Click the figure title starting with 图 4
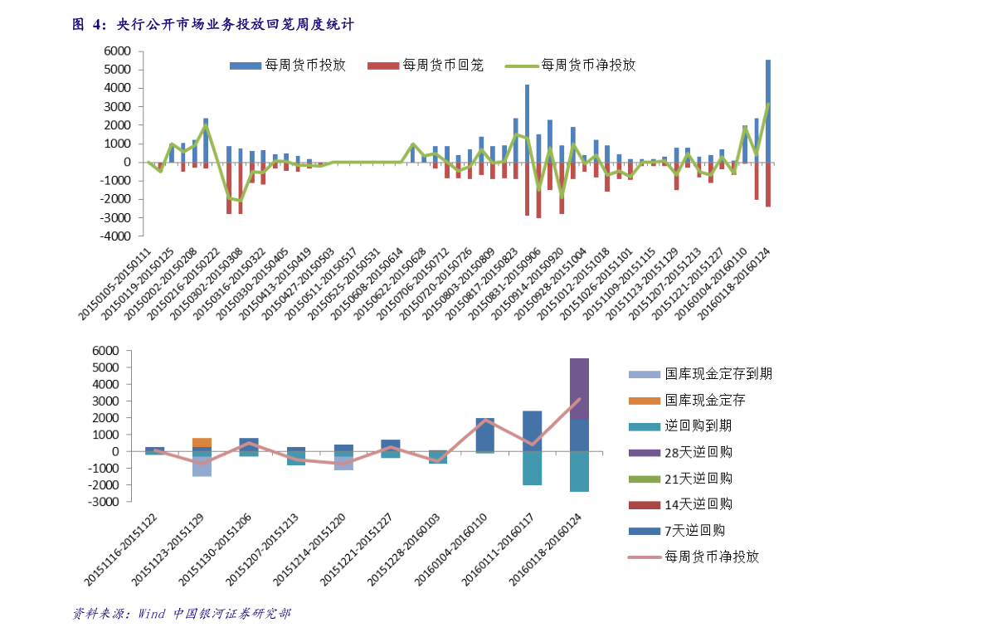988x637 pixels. click(x=212, y=25)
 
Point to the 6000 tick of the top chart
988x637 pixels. click(x=116, y=51)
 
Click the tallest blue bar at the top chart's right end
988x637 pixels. click(x=767, y=108)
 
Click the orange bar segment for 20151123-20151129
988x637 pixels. click(x=202, y=443)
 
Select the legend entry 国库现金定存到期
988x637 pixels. click(x=718, y=374)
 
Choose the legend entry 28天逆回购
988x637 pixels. click(x=698, y=452)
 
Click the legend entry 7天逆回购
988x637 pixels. click(x=694, y=530)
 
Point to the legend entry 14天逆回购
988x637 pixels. click(x=698, y=504)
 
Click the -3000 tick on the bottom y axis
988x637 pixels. click(x=116, y=502)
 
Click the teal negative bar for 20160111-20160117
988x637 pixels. click(x=532, y=469)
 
